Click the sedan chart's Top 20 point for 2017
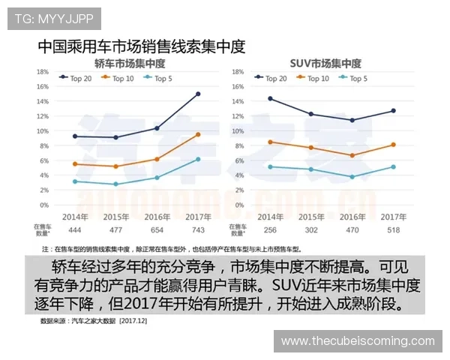click(x=198, y=94)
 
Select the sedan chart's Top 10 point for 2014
click(x=75, y=163)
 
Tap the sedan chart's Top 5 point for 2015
click(x=115, y=184)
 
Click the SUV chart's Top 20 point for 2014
click(x=270, y=98)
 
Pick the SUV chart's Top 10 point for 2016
click(x=352, y=155)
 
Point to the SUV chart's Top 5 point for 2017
click(x=393, y=166)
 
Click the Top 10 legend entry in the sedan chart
click(x=120, y=77)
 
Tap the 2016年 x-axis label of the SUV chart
click(x=352, y=217)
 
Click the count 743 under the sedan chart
click(x=198, y=229)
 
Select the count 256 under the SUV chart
click(x=270, y=229)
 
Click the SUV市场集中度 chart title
click(x=325, y=63)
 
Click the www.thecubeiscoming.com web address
click(x=357, y=341)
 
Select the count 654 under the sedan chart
click(x=157, y=229)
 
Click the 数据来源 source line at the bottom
click(x=93, y=319)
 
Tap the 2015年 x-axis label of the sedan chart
click(x=115, y=217)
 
